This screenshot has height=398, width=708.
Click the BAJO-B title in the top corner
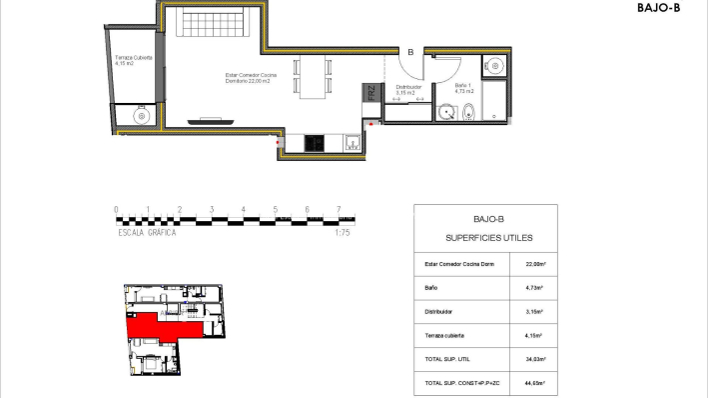(658, 8)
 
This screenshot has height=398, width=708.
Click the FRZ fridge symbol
(370, 96)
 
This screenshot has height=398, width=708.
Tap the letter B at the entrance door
(409, 53)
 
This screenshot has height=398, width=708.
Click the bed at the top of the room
(217, 22)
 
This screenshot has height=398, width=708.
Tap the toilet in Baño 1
(469, 114)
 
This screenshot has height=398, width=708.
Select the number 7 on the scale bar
(340, 210)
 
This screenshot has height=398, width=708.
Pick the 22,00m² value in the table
(534, 265)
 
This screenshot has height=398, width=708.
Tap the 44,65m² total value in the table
(534, 383)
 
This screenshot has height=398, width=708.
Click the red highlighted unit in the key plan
(160, 325)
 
